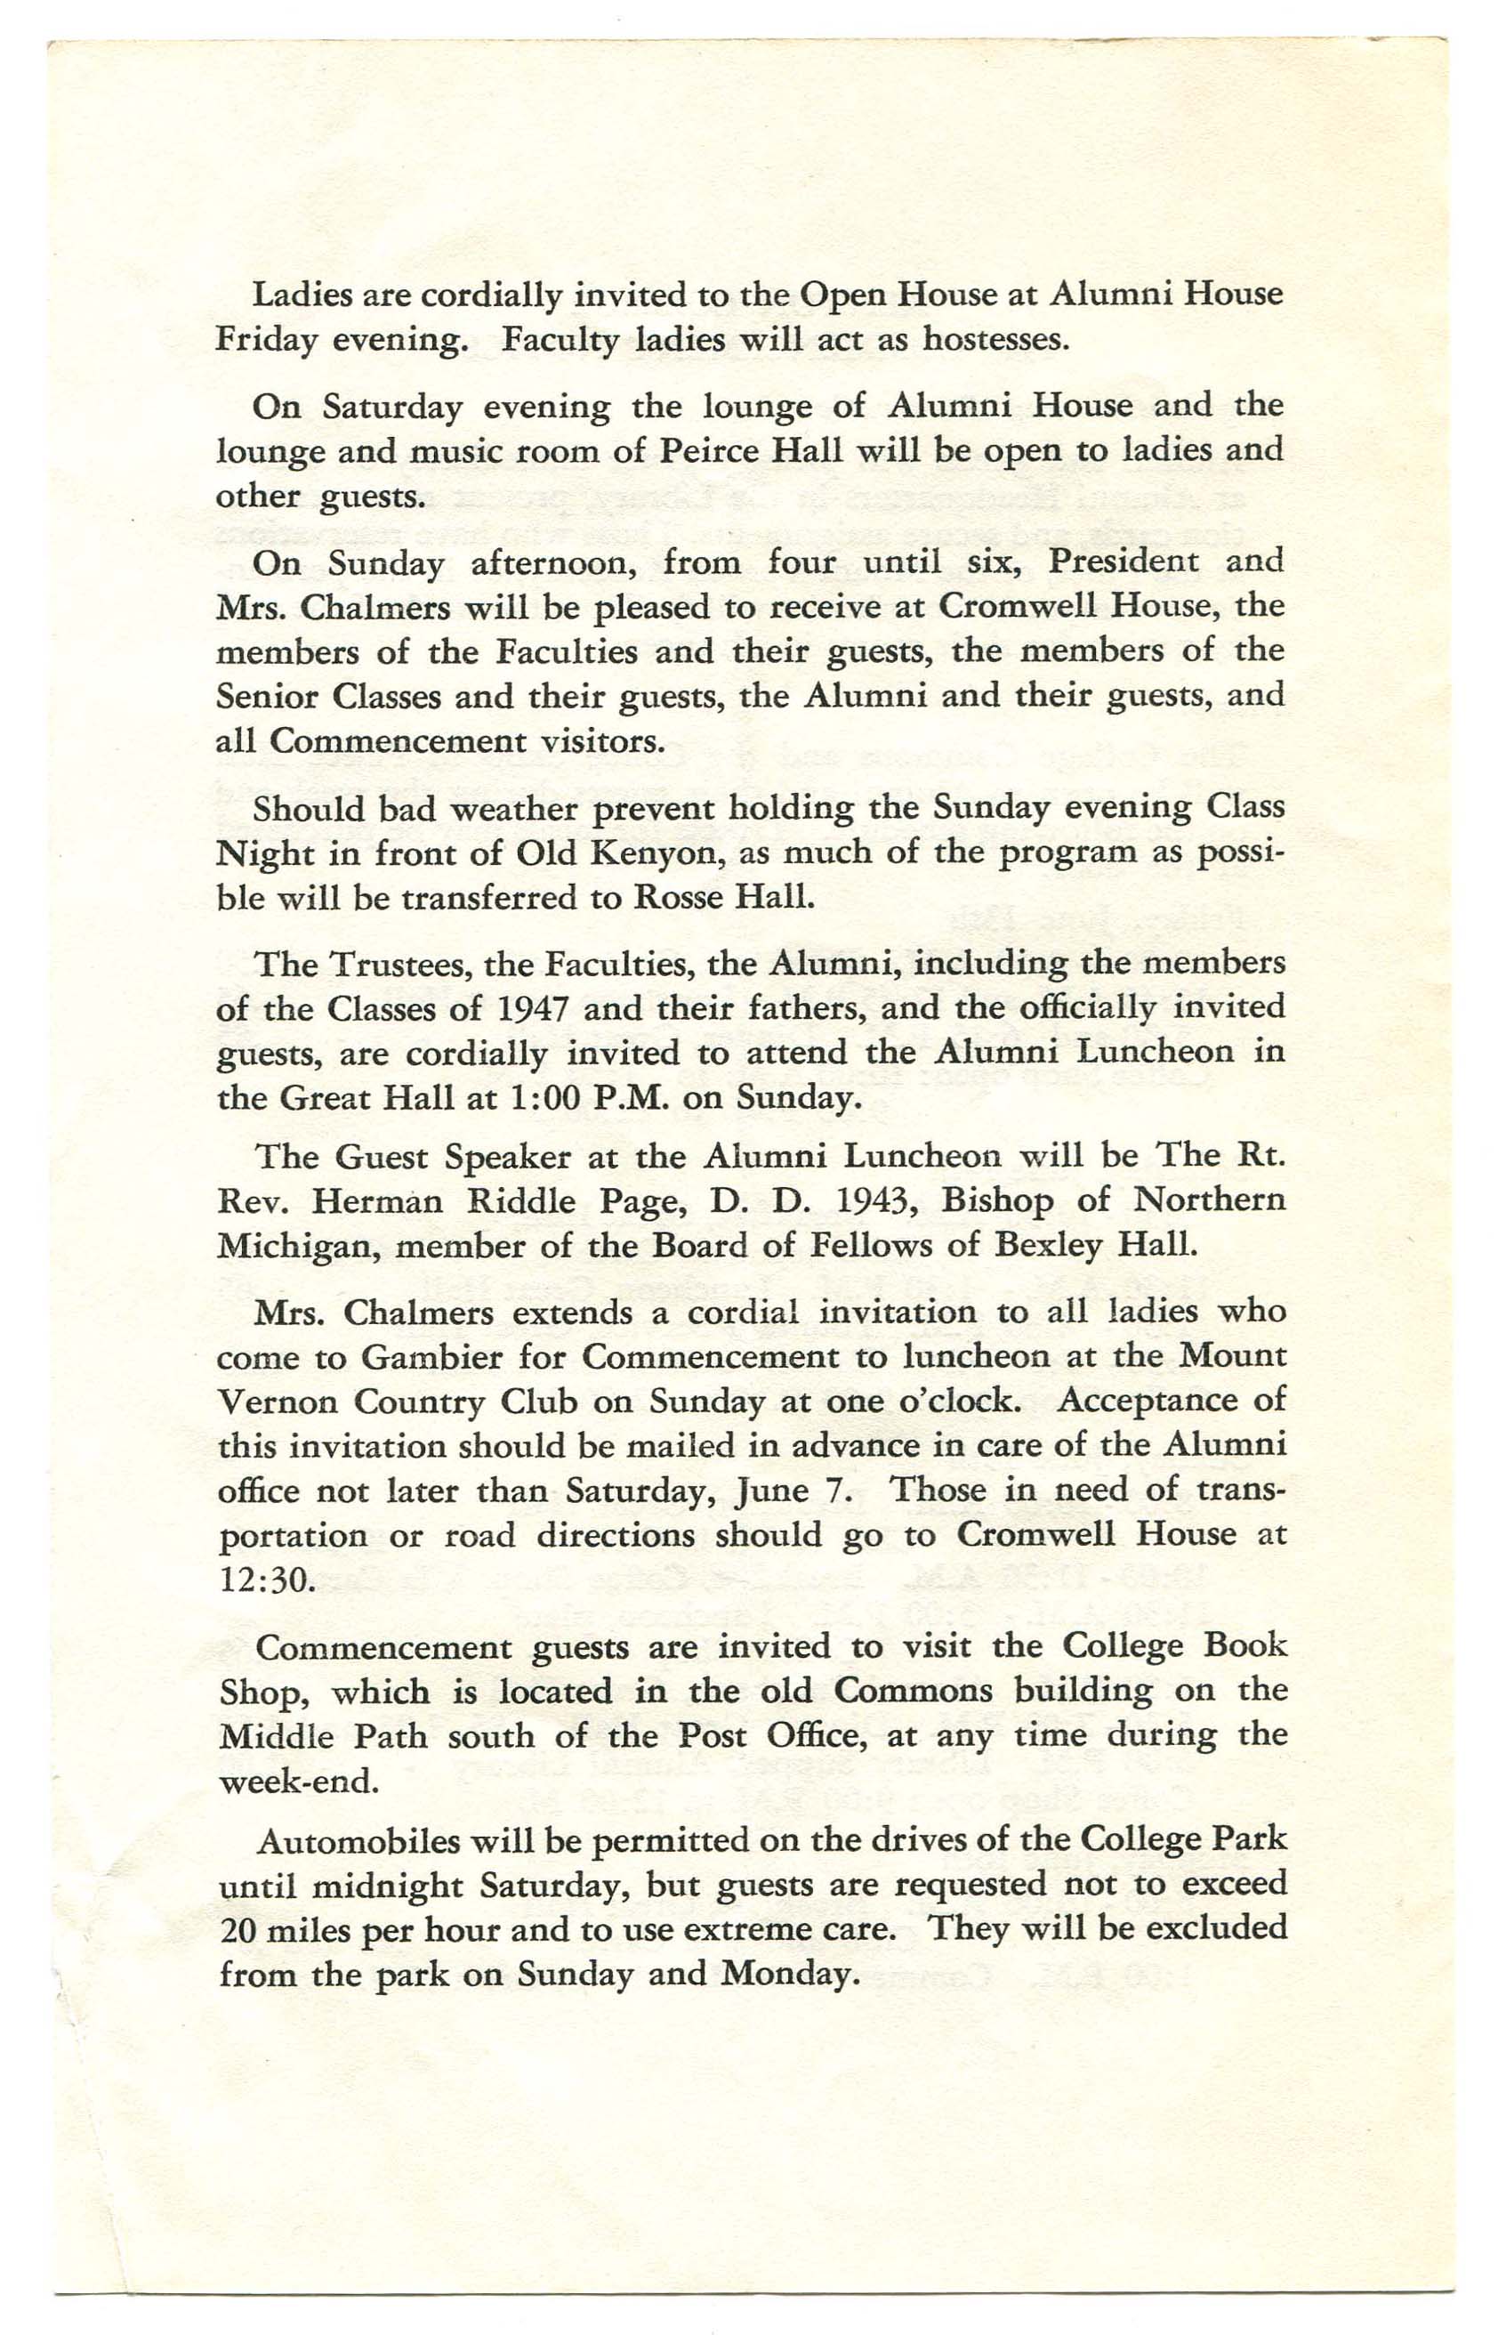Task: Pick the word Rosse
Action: tap(676, 896)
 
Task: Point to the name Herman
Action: tap(377, 1201)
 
